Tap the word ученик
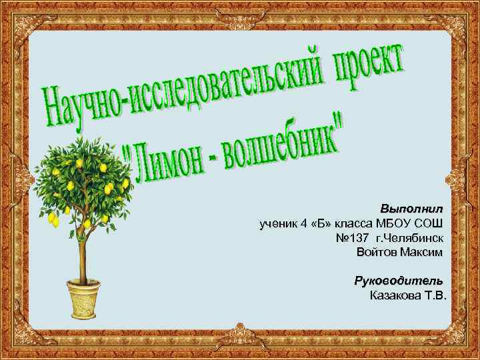pos(277,223)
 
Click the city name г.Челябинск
pos(409,238)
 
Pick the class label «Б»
pos(321,223)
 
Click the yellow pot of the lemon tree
pos(83,298)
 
